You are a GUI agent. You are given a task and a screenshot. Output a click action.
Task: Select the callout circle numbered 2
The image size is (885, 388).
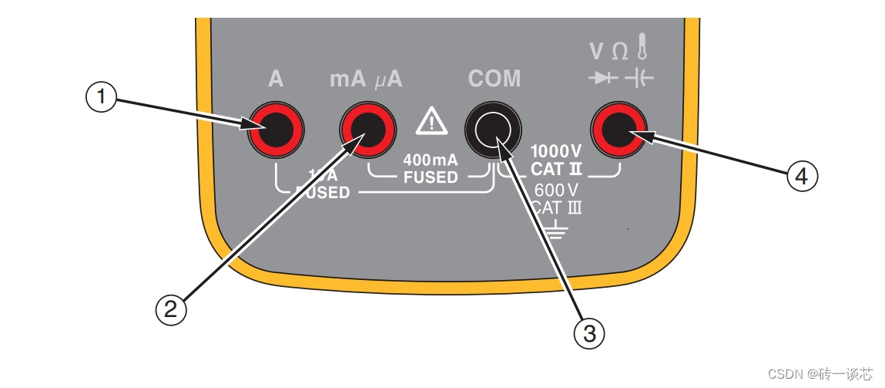click(x=171, y=309)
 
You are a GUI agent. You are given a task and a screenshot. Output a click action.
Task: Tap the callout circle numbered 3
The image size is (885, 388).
click(x=589, y=332)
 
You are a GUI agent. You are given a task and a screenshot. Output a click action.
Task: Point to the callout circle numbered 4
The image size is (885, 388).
click(x=801, y=176)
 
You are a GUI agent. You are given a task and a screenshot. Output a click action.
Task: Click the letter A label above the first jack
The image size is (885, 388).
click(x=275, y=79)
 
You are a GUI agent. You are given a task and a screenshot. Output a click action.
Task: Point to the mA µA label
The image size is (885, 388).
click(x=366, y=79)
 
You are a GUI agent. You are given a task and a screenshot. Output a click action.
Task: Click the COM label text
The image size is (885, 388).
click(x=494, y=79)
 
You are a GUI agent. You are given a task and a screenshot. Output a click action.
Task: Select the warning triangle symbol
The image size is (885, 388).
click(x=431, y=121)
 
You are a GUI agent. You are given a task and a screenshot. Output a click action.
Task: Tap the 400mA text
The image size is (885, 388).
click(x=431, y=160)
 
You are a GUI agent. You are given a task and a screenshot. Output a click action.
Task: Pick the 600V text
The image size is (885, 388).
click(x=555, y=189)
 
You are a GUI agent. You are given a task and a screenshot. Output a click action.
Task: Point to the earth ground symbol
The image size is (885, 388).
click(x=555, y=228)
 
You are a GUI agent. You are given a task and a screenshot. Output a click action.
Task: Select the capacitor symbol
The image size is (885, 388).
click(x=638, y=78)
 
